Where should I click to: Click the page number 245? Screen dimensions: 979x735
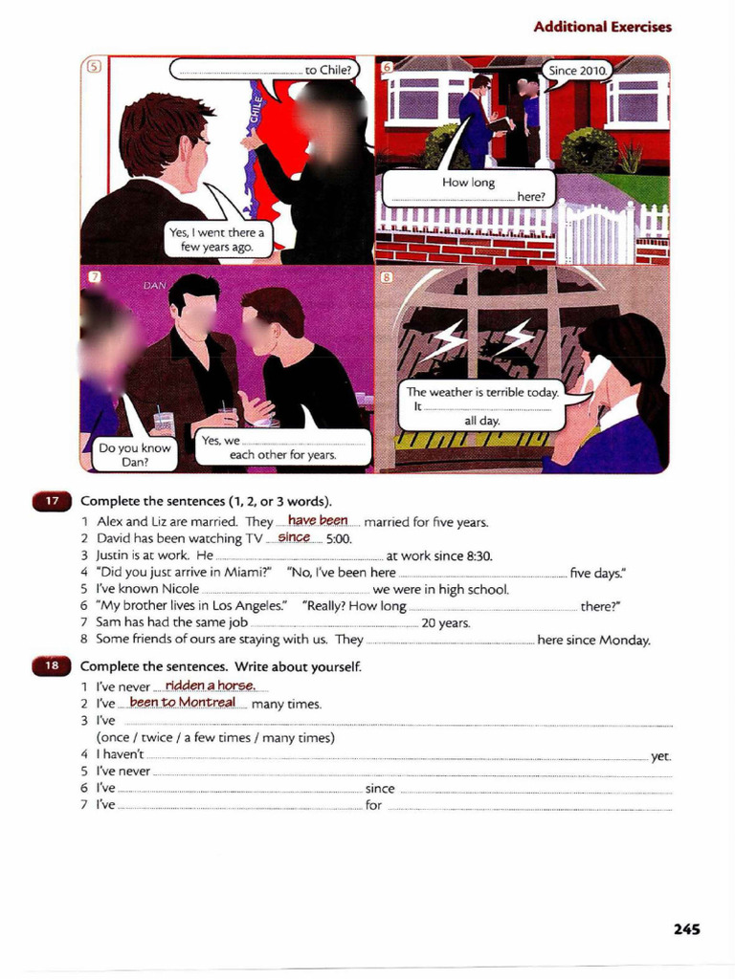pyautogui.click(x=686, y=928)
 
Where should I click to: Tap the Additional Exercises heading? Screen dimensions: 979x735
pyautogui.click(x=602, y=27)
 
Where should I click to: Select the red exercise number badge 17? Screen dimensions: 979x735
pyautogui.click(x=52, y=501)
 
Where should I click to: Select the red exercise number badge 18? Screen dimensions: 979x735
pyautogui.click(x=52, y=665)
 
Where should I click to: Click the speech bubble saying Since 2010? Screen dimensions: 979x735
pyautogui.click(x=578, y=71)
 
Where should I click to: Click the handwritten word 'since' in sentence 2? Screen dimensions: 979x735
pyautogui.click(x=294, y=537)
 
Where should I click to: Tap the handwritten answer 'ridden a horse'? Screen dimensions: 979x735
pyautogui.click(x=210, y=685)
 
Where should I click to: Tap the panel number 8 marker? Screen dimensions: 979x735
pyautogui.click(x=387, y=277)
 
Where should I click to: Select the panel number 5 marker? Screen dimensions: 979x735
pyautogui.click(x=94, y=67)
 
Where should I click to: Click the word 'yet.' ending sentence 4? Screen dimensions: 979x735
pyautogui.click(x=660, y=756)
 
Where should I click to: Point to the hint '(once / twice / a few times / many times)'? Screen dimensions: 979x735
pyautogui.click(x=215, y=738)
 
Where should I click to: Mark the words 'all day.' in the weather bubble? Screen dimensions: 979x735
pyautogui.click(x=482, y=421)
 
